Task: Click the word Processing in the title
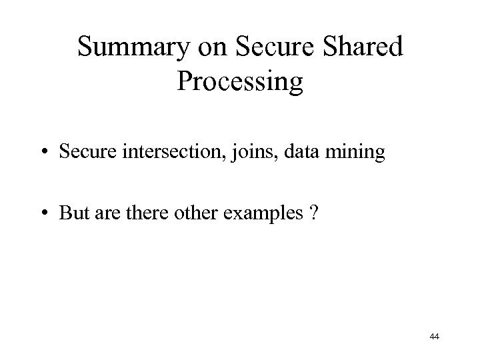click(240, 82)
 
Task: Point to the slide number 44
click(435, 337)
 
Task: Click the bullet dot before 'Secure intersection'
click(44, 153)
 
